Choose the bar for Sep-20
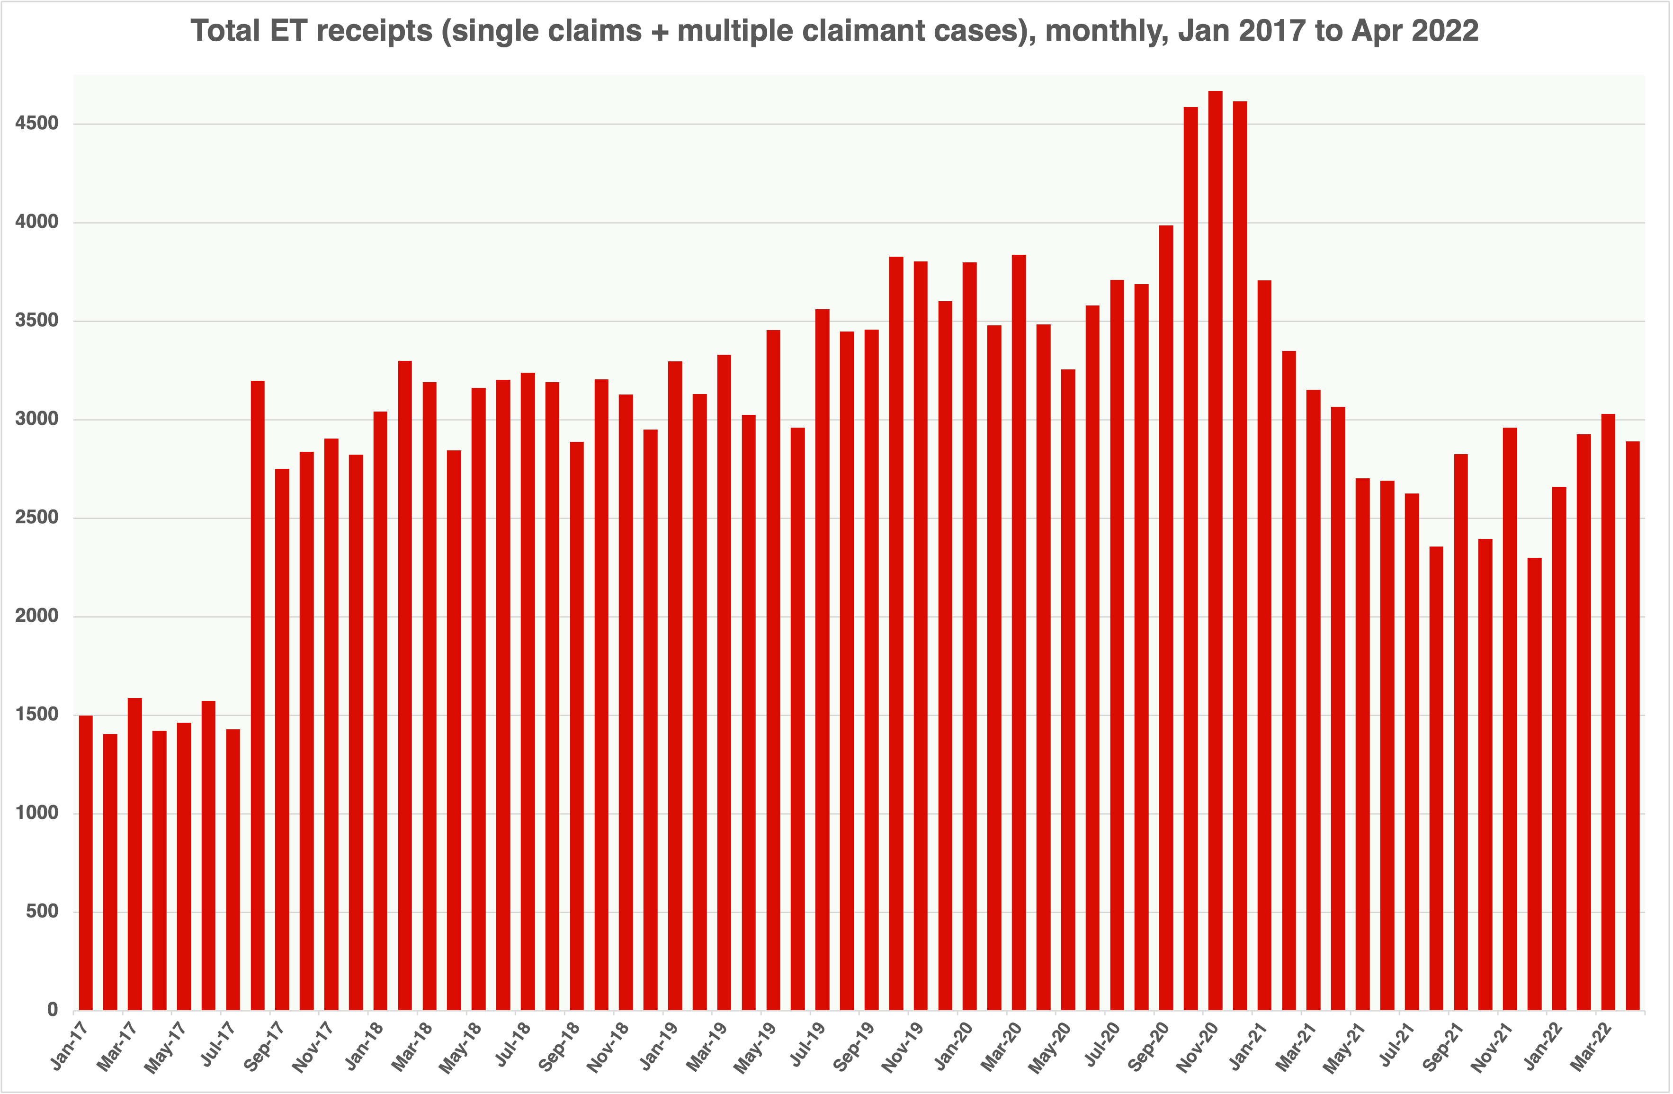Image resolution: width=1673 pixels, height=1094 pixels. click(x=1166, y=618)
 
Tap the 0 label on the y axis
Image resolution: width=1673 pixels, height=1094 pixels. click(x=53, y=1010)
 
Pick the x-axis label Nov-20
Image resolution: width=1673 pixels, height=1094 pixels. click(x=1199, y=1047)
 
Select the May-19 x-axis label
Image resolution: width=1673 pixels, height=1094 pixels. click(x=756, y=1047)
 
